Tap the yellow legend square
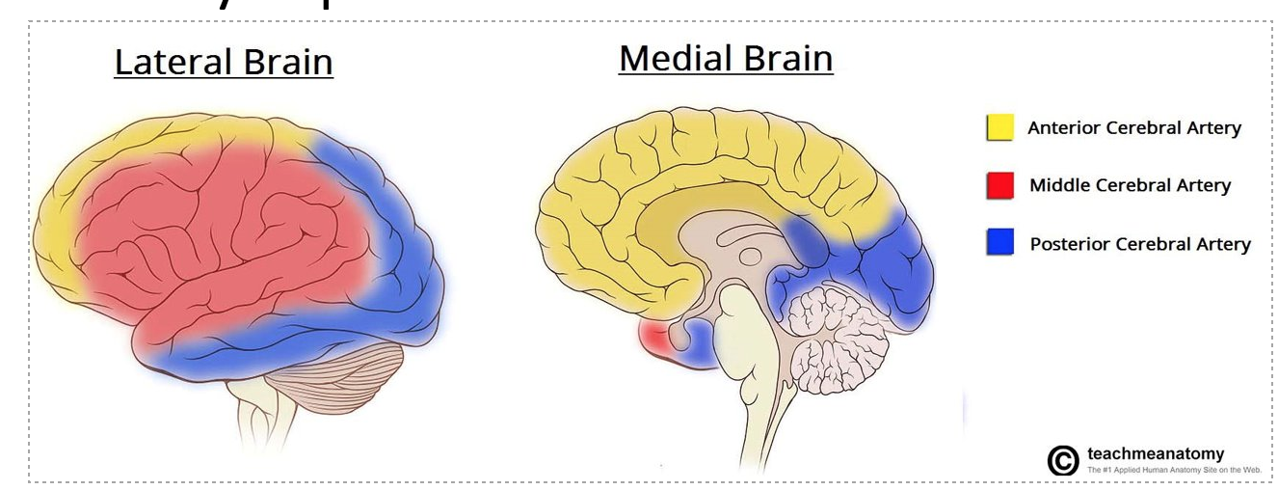(x=999, y=128)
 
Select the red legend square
(x=999, y=185)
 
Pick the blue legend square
(x=999, y=244)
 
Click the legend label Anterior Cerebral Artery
(x=1134, y=128)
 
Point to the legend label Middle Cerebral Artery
(x=1130, y=185)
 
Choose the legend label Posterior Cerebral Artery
(x=1140, y=244)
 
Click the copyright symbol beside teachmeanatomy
(x=1062, y=460)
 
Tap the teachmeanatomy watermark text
(x=1156, y=453)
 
